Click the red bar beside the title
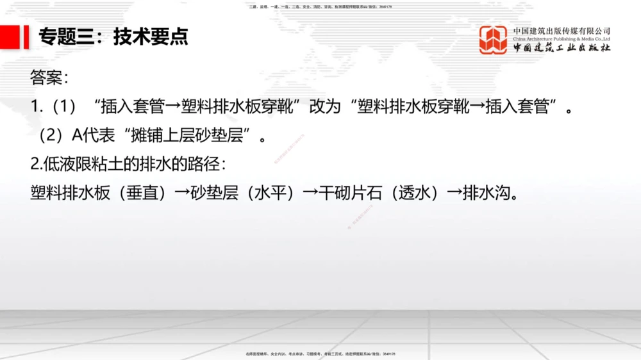click(x=26, y=37)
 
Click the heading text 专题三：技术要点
click(x=113, y=37)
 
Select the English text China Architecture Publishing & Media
click(x=562, y=39)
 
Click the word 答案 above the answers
click(x=46, y=79)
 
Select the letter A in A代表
click(x=77, y=136)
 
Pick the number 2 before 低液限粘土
click(x=35, y=164)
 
